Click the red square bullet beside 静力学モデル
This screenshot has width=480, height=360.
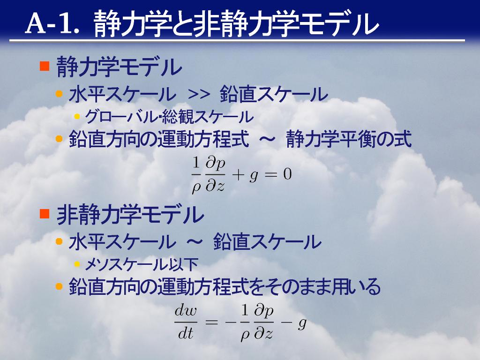[45, 66]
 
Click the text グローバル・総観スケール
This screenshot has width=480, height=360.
[169, 117]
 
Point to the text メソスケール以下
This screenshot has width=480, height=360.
[142, 264]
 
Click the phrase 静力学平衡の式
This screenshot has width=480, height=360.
[349, 139]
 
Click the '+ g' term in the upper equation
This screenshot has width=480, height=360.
[245, 176]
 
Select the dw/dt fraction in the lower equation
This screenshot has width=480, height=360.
[186, 322]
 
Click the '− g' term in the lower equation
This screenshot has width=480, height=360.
[294, 323]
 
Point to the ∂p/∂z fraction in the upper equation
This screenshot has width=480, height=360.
[215, 174]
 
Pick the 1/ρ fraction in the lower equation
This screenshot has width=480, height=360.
[245, 323]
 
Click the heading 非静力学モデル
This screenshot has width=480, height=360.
[130, 214]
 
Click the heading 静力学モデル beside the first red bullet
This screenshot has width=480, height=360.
[119, 67]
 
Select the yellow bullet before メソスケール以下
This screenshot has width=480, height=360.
[77, 264]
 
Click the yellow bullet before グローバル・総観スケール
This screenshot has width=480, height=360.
[77, 116]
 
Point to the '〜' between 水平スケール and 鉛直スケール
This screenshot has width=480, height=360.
[195, 242]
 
